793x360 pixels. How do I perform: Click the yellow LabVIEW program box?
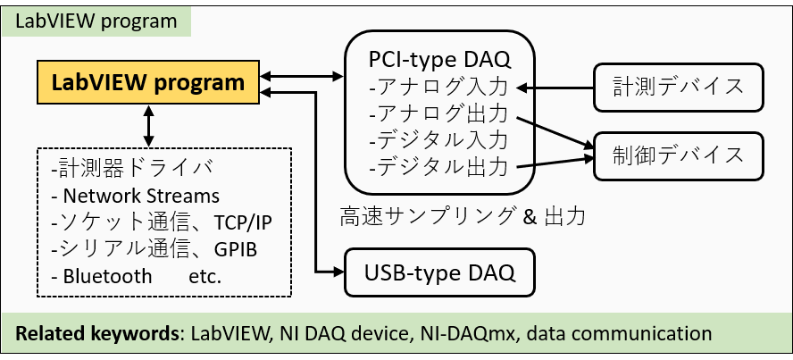click(148, 83)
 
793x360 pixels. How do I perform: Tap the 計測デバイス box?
click(679, 88)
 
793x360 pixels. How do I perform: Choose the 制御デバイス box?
click(679, 154)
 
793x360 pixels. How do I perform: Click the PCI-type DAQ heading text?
click(439, 60)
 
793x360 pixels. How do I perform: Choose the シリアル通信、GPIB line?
click(154, 249)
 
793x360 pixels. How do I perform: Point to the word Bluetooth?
click(107, 277)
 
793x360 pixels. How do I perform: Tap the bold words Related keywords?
click(95, 334)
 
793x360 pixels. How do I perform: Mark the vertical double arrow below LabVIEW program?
click(148, 124)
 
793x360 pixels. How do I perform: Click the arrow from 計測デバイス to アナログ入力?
click(556, 88)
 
